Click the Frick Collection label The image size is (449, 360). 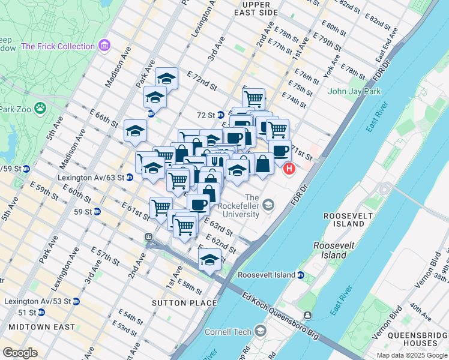click(58, 46)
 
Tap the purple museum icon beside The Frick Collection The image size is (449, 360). click(105, 46)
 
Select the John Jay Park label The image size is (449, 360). click(355, 92)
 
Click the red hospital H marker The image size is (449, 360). click(289, 169)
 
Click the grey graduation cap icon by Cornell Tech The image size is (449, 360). click(261, 331)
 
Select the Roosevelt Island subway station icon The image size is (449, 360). click(300, 275)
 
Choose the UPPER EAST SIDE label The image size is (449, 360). click(260, 8)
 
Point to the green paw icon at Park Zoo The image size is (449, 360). click(40, 109)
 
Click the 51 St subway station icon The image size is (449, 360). click(41, 313)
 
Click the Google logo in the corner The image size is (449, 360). click(20, 353)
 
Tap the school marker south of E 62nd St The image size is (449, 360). click(209, 260)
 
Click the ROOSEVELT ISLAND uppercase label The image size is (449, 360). click(344, 220)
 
